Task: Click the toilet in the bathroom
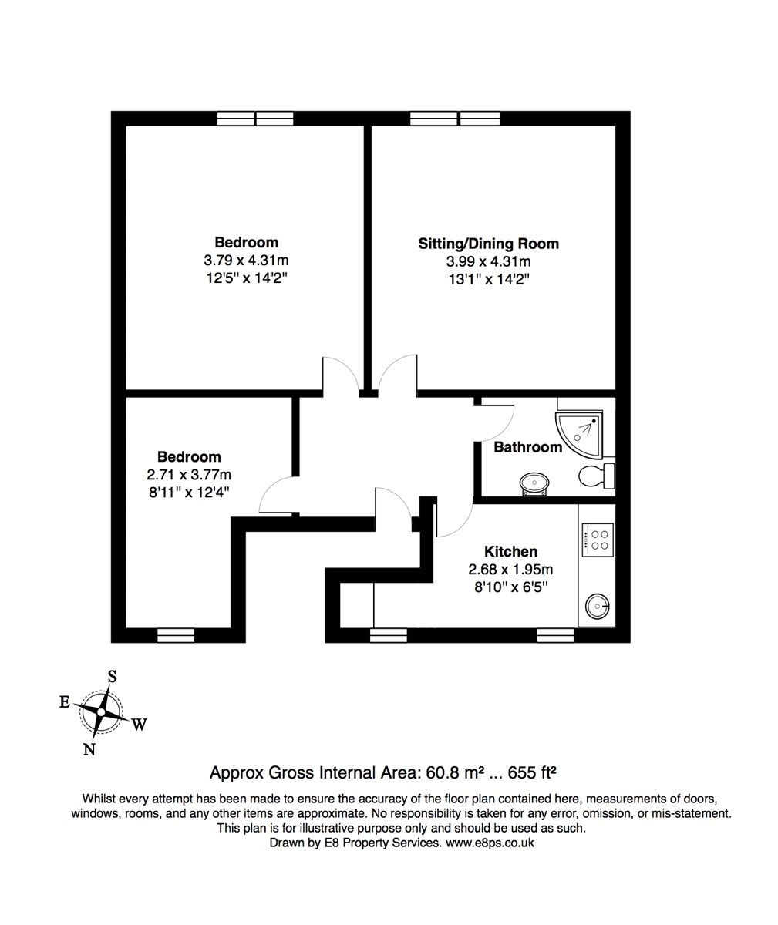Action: coord(596,476)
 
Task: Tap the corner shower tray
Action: coord(580,432)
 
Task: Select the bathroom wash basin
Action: coord(534,483)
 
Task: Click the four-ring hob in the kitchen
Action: coord(598,540)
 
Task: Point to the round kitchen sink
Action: coord(598,606)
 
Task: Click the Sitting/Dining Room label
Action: coord(489,244)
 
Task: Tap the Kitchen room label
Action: coord(511,552)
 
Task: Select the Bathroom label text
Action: coord(527,447)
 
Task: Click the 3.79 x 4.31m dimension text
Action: coord(246,260)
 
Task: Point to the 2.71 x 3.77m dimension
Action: coord(189,475)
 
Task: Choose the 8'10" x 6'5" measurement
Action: coord(511,587)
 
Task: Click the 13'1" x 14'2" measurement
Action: coord(490,279)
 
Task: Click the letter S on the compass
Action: coord(113,677)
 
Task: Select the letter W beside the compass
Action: coord(139,725)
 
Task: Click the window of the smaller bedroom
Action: coord(176,635)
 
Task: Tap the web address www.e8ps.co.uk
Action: coord(490,843)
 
